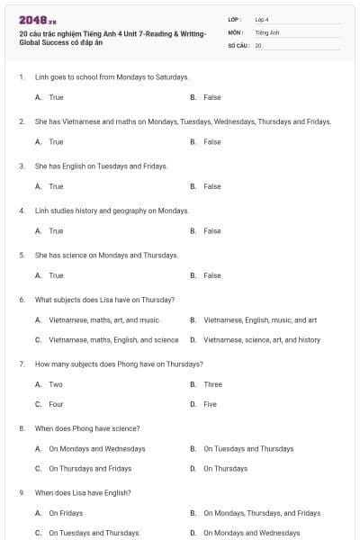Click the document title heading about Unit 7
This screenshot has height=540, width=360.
[112, 38]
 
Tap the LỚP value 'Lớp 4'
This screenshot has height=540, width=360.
[262, 19]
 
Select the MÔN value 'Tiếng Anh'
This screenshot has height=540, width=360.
[267, 31]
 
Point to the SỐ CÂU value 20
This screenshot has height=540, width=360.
[258, 45]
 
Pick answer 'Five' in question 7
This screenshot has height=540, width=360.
[210, 404]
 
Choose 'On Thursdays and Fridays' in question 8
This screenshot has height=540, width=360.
[90, 468]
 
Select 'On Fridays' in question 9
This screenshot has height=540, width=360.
[66, 513]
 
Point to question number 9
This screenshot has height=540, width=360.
[22, 493]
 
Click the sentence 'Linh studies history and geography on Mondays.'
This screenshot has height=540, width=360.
[112, 211]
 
